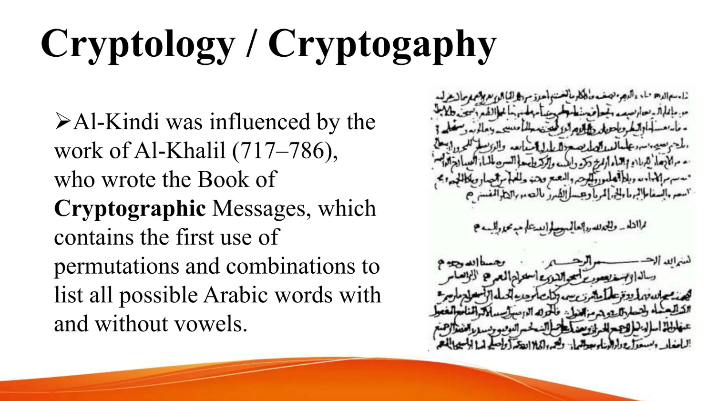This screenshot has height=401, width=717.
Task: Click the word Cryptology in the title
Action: click(138, 44)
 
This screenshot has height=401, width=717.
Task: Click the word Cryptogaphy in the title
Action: click(382, 44)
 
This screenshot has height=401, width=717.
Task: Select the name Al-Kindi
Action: click(116, 122)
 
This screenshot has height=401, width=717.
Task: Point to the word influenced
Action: click(259, 122)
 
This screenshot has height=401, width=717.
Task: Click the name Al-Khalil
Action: click(180, 151)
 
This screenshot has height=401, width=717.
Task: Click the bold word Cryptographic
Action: click(130, 209)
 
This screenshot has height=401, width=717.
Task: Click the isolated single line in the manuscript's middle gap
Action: click(560, 226)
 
